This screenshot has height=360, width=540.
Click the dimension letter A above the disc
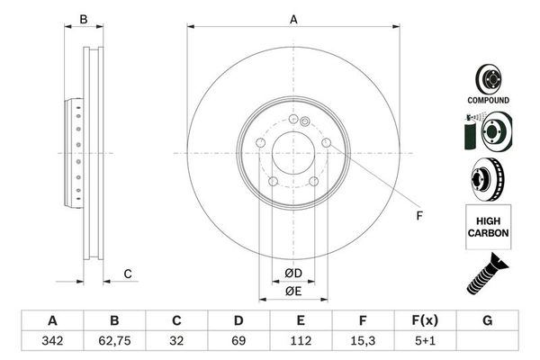[292, 19]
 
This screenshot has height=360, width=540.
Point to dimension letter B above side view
[84, 19]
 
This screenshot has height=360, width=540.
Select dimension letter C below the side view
[128, 274]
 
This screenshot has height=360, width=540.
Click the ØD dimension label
[292, 273]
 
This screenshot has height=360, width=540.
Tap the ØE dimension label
[292, 291]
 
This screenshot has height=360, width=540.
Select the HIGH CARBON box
[488, 226]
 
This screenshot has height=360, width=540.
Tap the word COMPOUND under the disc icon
[488, 100]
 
